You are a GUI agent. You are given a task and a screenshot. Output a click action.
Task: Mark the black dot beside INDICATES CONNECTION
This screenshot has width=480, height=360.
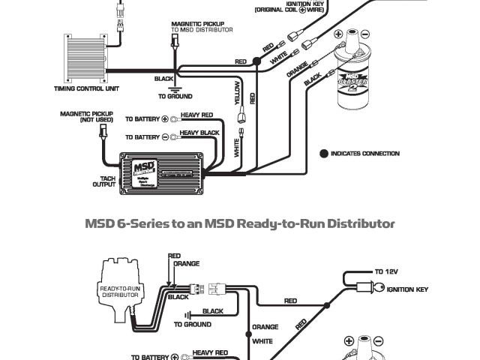point(324,154)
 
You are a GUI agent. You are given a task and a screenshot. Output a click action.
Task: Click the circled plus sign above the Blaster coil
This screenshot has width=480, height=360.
point(338,34)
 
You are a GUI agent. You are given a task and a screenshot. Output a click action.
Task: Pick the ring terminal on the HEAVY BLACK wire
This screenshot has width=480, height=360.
point(172,137)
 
